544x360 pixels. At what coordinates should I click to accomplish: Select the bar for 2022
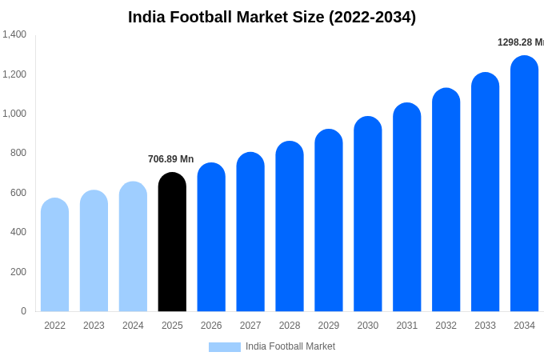coord(54,255)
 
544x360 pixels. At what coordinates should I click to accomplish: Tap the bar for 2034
coord(524,184)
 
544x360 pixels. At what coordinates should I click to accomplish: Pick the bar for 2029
coord(329,221)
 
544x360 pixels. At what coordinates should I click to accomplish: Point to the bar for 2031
coord(406,207)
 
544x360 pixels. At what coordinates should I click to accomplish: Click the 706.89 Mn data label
coord(170,159)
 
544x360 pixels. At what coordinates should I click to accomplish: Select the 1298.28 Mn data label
coord(521,42)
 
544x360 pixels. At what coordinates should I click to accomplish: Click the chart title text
coord(272,17)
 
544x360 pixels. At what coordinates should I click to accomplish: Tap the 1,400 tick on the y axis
coord(14,34)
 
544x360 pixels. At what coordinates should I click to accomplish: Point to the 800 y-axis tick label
coord(18,153)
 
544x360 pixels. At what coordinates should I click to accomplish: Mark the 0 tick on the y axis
coord(23,311)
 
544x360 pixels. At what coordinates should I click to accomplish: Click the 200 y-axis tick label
coord(18,272)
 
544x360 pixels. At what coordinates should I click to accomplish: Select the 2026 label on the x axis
coord(211,326)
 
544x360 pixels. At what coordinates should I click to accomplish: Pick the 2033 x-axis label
coord(485,326)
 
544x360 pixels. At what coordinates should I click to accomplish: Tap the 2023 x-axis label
coord(94,326)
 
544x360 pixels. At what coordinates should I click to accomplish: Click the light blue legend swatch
coord(224,347)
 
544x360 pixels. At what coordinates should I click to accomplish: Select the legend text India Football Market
coord(290,346)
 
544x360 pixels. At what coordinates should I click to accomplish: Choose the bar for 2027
coord(250,232)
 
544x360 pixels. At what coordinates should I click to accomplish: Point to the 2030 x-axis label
coord(368,326)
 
